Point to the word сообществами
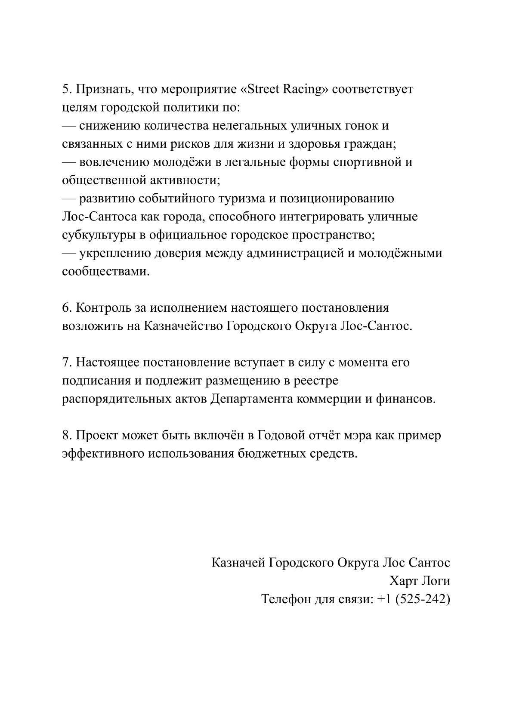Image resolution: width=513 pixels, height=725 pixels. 106,272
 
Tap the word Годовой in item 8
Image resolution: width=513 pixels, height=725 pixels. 281,435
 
